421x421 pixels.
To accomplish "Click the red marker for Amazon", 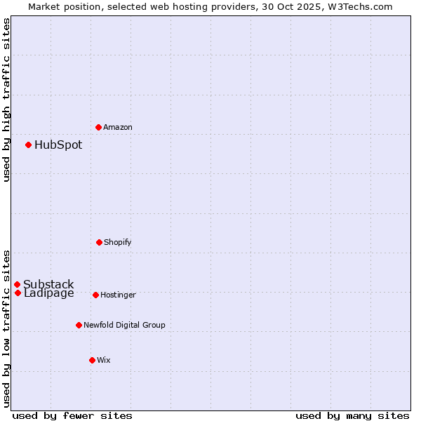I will (x=98, y=127).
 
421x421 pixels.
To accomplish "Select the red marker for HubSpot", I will (x=29, y=145).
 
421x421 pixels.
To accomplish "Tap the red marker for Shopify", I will (x=99, y=242).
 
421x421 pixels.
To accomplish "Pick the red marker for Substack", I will (x=18, y=284).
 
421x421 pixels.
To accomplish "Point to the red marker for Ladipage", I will (x=18, y=293).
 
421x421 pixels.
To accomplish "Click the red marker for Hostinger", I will (x=95, y=295).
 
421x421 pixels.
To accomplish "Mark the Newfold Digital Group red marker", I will (x=79, y=325).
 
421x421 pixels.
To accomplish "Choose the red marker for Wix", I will (x=92, y=360).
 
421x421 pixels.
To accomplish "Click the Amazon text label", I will (x=118, y=127).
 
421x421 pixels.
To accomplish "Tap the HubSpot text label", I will (x=58, y=145).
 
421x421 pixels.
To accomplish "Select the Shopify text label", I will (x=118, y=242).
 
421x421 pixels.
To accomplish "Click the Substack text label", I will (x=48, y=284).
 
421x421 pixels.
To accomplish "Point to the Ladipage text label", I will (x=49, y=293).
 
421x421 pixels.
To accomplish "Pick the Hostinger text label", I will (x=118, y=295).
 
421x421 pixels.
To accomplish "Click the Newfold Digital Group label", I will (x=124, y=325).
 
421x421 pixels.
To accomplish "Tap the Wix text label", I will (x=104, y=360).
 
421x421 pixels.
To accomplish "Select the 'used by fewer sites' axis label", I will (x=72, y=415).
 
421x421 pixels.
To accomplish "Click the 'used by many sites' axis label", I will (x=352, y=415).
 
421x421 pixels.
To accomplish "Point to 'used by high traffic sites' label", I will (x=6, y=100).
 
